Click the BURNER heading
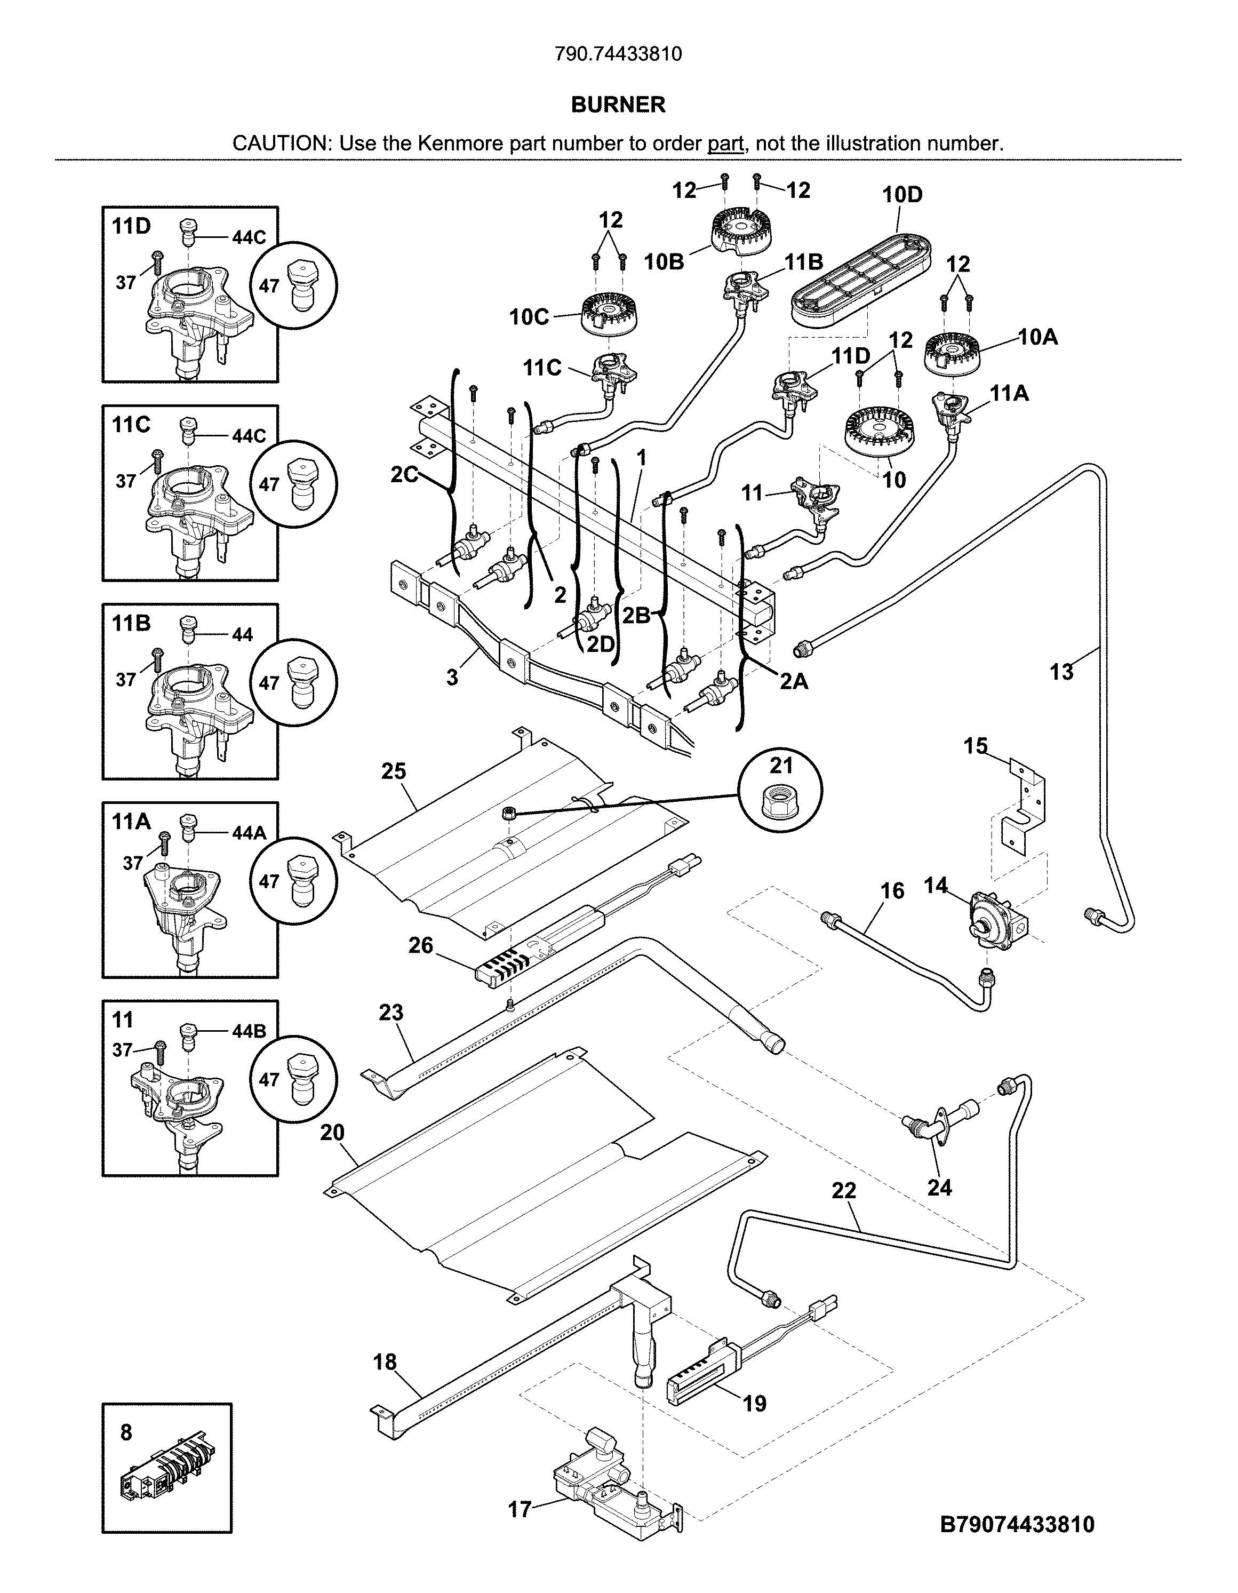618,105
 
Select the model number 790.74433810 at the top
618,54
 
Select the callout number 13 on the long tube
1061,672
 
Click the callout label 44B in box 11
249,1031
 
